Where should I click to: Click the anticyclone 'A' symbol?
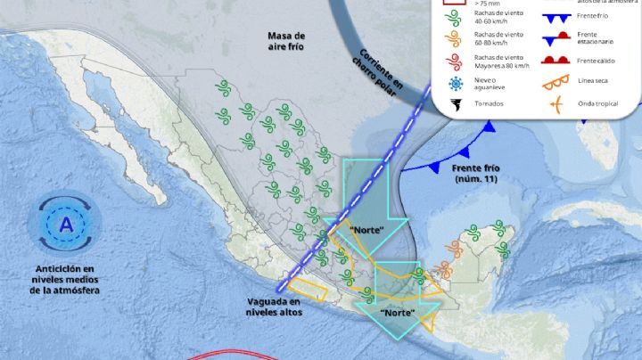pyautogui.click(x=64, y=225)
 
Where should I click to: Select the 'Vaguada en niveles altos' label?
pyautogui.click(x=275, y=307)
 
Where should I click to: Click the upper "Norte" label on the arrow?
pyautogui.click(x=366, y=230)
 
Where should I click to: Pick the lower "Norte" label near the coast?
pyautogui.click(x=397, y=314)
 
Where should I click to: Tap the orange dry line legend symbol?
pyautogui.click(x=555, y=82)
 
